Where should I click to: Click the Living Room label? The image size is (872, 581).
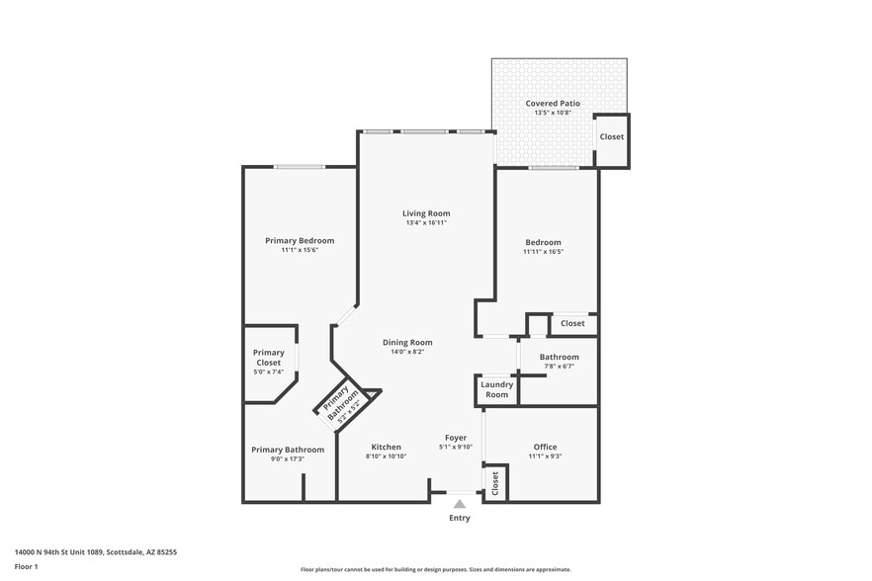point(426,213)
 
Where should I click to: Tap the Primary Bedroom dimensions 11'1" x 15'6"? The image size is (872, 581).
point(299,250)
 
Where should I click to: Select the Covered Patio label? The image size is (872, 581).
point(553,103)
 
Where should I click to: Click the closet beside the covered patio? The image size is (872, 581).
point(611,136)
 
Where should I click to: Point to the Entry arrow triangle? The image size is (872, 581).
point(460,504)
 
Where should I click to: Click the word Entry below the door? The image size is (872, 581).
point(460,518)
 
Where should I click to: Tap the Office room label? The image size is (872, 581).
point(545,447)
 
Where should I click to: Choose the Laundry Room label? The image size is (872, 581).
point(496,389)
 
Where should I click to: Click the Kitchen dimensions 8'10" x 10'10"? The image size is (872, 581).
point(386,456)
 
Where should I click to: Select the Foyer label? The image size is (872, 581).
point(455,438)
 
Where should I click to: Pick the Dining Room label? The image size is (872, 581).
point(407,342)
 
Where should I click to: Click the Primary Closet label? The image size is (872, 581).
point(268,358)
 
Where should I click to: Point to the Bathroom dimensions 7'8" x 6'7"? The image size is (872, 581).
point(559,367)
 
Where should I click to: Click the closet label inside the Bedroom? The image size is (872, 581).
point(572,323)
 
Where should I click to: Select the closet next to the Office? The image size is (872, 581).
point(495,483)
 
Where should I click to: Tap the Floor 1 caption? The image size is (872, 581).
point(27,566)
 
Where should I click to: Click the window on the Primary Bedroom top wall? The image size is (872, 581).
point(300,167)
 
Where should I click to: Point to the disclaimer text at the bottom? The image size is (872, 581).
point(435,570)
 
